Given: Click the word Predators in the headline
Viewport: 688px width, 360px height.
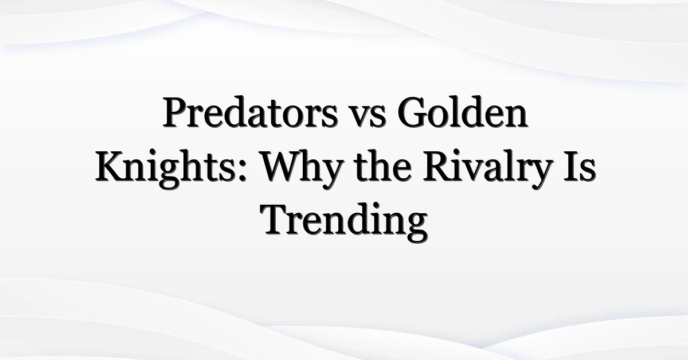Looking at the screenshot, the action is (x=250, y=112).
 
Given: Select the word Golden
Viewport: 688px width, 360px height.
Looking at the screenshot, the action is (x=463, y=112).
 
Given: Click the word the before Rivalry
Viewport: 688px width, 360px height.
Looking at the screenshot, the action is (x=383, y=166).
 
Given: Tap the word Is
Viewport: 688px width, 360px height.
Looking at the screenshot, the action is (x=579, y=166).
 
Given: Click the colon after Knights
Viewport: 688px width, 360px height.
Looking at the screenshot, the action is (x=243, y=170).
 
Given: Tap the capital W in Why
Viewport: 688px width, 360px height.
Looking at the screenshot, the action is (x=284, y=166).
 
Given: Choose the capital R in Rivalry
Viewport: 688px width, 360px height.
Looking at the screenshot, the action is (x=439, y=166).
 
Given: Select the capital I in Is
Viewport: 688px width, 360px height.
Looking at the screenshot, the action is (x=570, y=166).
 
